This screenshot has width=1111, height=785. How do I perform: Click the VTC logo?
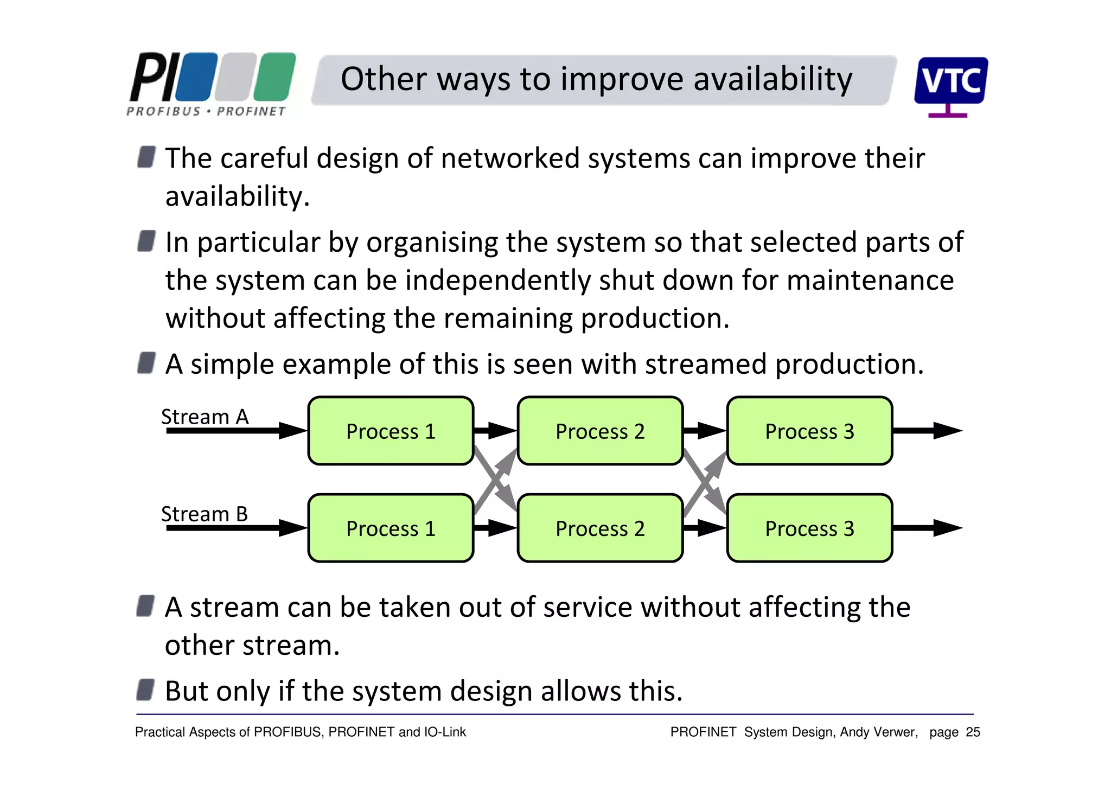click(x=950, y=82)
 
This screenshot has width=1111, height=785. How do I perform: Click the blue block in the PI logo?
click(x=196, y=77)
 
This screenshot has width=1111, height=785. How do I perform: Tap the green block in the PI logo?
click(x=274, y=77)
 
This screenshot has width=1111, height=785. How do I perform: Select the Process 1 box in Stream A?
click(x=391, y=431)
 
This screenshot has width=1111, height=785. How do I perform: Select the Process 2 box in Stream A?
click(x=600, y=431)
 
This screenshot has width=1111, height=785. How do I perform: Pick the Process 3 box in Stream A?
click(x=809, y=431)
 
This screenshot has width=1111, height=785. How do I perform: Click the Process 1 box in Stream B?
click(x=391, y=528)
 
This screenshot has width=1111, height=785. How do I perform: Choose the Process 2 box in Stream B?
click(x=600, y=528)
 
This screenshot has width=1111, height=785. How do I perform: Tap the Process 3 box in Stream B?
click(x=809, y=528)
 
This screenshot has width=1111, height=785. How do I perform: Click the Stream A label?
click(x=205, y=417)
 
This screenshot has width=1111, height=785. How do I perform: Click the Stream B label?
click(x=204, y=514)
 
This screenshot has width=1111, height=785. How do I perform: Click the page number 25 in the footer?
click(x=973, y=732)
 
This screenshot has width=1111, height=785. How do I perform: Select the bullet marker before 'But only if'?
click(x=145, y=690)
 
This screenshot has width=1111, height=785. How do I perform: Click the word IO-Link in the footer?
click(x=445, y=732)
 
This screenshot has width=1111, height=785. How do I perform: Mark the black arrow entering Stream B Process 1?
click(x=237, y=528)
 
